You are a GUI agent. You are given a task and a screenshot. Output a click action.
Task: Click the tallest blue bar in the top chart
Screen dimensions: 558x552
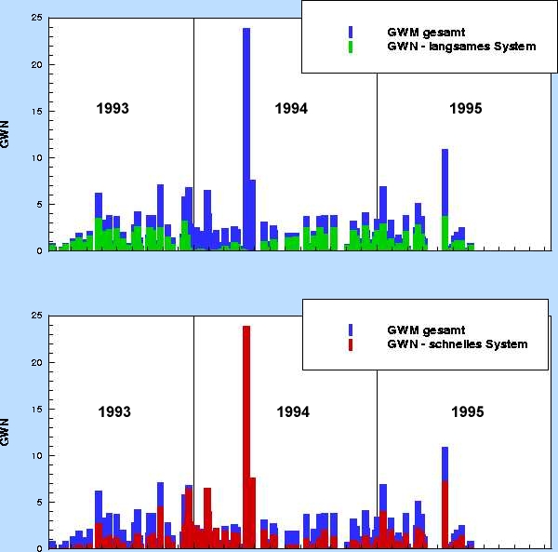[x=246, y=139]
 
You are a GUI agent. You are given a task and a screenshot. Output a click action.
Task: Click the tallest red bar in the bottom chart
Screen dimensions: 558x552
[x=246, y=437]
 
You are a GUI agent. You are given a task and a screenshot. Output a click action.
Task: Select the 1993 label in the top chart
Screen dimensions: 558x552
[x=113, y=108]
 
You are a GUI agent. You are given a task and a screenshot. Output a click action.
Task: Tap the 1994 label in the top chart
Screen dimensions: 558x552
[x=291, y=108]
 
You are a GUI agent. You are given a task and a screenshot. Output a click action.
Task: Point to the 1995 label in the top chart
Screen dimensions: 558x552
[x=466, y=108]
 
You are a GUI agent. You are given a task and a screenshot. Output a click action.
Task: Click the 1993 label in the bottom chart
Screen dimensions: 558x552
[x=114, y=411]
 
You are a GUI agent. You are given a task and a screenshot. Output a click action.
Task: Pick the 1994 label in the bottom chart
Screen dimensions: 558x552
[x=293, y=411]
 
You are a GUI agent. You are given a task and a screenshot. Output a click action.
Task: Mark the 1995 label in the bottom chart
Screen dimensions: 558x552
[x=467, y=411]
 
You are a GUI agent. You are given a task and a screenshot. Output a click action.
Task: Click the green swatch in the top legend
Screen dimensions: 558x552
[x=351, y=47]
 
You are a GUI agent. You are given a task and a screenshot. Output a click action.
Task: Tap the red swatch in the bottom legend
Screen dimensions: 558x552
[x=351, y=344]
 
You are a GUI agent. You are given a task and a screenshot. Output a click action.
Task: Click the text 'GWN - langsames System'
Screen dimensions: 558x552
[x=461, y=47]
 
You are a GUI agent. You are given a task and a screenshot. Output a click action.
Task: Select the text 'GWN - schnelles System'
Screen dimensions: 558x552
[x=458, y=344]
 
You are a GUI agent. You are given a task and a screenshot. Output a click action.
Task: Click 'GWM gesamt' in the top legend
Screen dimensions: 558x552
[x=426, y=32]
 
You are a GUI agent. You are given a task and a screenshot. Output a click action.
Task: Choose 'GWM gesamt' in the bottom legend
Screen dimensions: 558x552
[x=426, y=330]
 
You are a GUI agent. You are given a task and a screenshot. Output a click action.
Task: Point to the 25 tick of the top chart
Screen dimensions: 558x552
[x=36, y=18]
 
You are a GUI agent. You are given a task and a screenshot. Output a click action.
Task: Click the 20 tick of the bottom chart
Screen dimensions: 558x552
[x=36, y=362]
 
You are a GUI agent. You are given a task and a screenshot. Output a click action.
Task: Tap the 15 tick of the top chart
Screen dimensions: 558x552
[x=36, y=111]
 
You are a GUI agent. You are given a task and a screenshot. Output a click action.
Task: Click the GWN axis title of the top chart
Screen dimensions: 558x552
[x=5, y=134]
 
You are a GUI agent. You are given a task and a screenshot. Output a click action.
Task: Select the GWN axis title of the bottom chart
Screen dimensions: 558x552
[x=5, y=432]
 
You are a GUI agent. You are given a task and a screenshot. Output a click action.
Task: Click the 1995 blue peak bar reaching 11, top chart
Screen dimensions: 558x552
[x=445, y=182]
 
